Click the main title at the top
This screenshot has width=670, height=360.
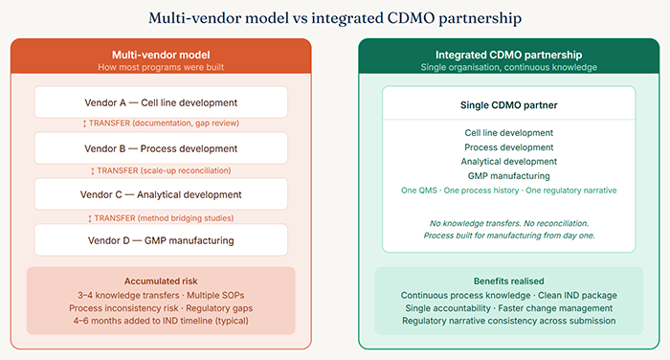tap(334, 16)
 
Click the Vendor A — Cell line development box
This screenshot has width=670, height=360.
tap(161, 102)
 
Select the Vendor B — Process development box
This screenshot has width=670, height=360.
tap(161, 148)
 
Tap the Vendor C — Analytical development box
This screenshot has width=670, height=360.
tap(161, 194)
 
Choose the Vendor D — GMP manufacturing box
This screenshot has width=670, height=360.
tap(161, 239)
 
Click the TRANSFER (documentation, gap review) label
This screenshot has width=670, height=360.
tap(161, 124)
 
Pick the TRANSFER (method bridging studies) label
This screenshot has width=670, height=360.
tap(161, 217)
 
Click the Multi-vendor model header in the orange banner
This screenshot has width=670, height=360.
tap(161, 55)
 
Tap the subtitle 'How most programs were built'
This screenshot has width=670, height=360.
tap(161, 67)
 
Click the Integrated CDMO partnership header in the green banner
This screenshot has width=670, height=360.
tap(508, 55)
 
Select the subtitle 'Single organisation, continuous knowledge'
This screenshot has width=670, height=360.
tap(508, 67)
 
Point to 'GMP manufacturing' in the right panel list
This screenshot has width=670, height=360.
tap(508, 176)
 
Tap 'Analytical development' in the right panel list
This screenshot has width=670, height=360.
tap(508, 162)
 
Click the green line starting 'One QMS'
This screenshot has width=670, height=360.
tap(508, 191)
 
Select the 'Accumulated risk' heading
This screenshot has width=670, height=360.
tap(161, 281)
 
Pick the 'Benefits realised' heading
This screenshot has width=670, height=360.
tap(508, 281)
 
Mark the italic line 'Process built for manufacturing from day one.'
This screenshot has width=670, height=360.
tap(508, 236)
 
